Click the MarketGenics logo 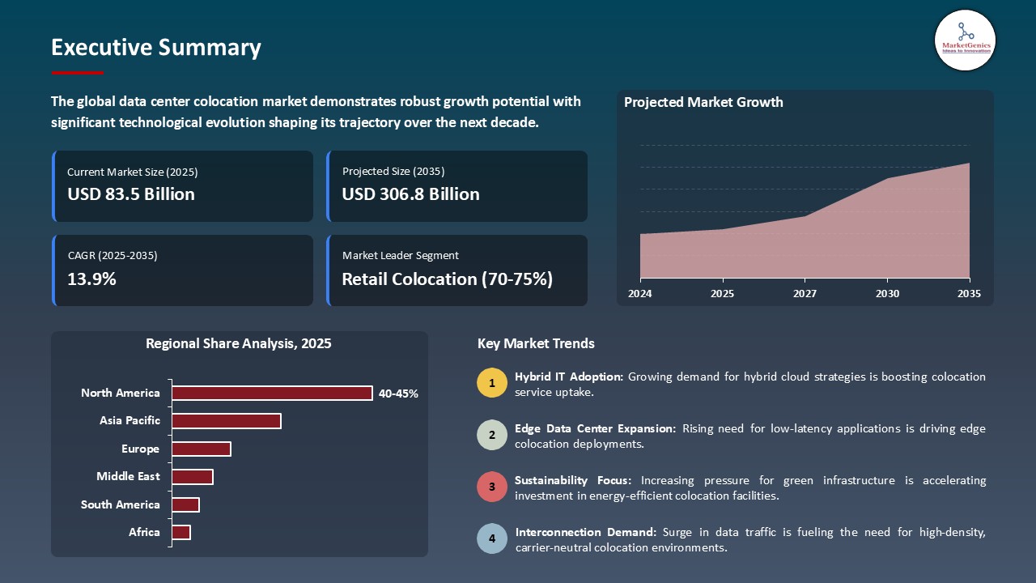click(965, 40)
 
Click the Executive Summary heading click(156, 48)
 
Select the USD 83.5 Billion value click(131, 194)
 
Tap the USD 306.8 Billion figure click(410, 194)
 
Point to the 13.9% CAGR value click(91, 279)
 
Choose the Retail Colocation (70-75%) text click(447, 279)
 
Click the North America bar click(272, 393)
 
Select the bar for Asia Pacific click(227, 421)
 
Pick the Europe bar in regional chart click(202, 449)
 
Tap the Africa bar click(181, 532)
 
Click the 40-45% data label click(398, 394)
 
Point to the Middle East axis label click(128, 476)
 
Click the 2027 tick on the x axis click(805, 294)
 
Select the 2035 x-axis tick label click(968, 294)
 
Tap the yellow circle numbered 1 click(491, 383)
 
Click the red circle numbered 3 click(491, 487)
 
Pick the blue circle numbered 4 click(491, 539)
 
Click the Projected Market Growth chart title click(703, 102)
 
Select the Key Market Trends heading click(536, 343)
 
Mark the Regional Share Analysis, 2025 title click(239, 343)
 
